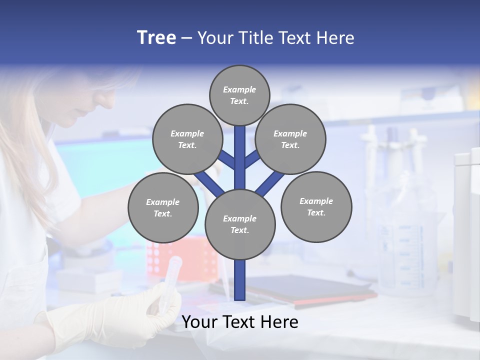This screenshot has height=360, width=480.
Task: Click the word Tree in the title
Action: tap(156, 38)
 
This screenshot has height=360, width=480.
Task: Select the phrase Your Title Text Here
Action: tap(276, 38)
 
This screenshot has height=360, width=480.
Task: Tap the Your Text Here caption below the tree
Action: tap(240, 322)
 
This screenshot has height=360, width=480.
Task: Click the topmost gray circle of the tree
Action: tap(239, 95)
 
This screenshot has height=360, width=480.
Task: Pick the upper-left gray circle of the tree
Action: tap(187, 139)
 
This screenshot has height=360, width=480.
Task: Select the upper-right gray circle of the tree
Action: tap(290, 139)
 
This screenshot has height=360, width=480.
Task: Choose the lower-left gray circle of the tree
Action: tap(163, 207)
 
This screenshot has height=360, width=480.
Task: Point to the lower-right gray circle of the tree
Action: tap(316, 206)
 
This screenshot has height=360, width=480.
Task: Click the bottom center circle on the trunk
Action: tap(240, 224)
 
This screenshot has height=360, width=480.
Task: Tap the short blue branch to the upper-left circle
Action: tap(226, 159)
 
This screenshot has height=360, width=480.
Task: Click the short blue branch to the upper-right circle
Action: tap(252, 159)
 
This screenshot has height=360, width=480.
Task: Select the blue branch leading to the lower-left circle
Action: tap(209, 184)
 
